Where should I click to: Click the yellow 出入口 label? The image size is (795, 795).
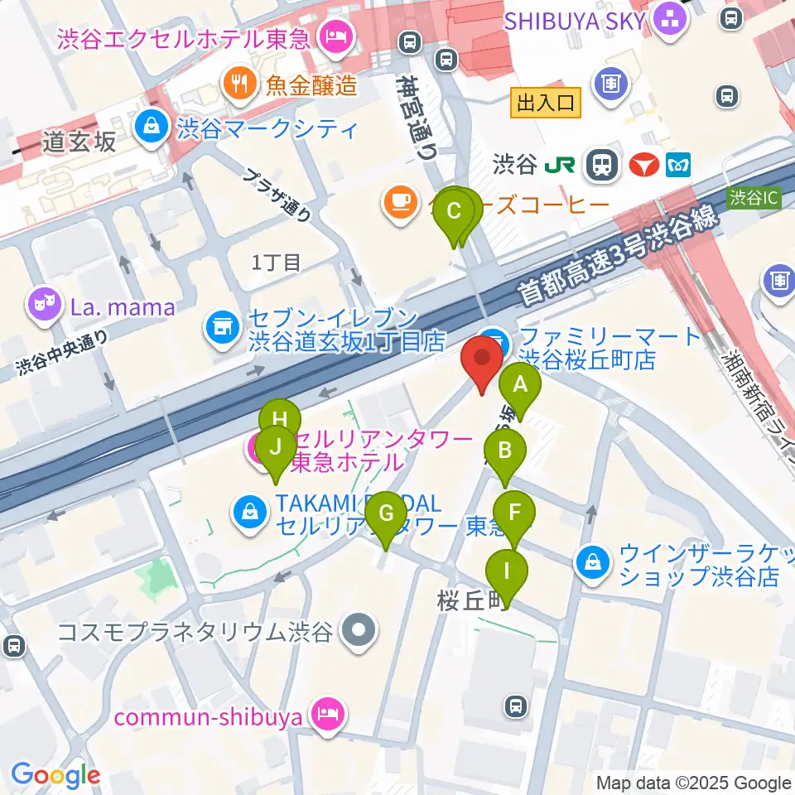click(546, 104)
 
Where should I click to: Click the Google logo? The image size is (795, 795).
click(55, 775)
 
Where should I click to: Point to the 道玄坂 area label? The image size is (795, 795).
click(81, 142)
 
